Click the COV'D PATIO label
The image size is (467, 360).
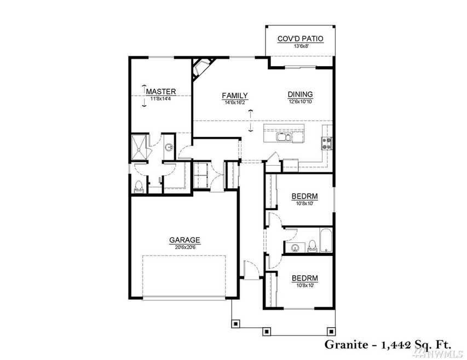click(300, 39)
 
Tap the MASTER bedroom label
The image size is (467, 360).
click(161, 91)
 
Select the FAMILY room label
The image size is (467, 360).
click(235, 96)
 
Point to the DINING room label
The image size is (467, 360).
click(300, 94)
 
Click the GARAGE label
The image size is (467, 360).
click(185, 240)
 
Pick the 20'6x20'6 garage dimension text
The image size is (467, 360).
click(185, 247)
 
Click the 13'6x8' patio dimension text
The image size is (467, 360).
click(300, 46)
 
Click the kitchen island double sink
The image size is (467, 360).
click(283, 137)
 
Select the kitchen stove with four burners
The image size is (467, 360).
click(326, 143)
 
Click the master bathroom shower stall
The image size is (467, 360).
click(139, 148)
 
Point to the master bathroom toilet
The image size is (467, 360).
click(139, 187)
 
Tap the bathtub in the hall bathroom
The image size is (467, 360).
click(326, 240)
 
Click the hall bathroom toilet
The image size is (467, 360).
click(312, 246)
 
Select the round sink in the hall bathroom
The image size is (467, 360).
click(295, 247)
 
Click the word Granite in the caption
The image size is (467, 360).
click(346, 345)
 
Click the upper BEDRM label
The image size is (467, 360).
click(304, 196)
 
